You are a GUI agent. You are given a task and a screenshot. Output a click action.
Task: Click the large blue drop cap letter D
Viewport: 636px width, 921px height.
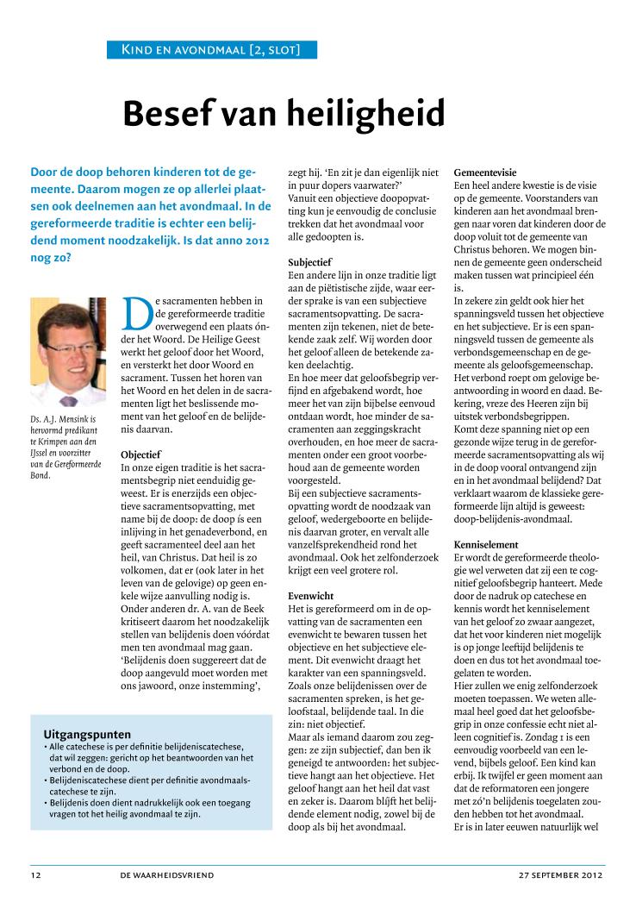click(x=138, y=315)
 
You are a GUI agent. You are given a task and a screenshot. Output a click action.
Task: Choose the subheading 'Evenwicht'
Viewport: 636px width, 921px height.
click(x=311, y=596)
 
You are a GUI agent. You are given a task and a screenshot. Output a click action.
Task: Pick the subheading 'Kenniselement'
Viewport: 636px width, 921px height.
click(x=486, y=545)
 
